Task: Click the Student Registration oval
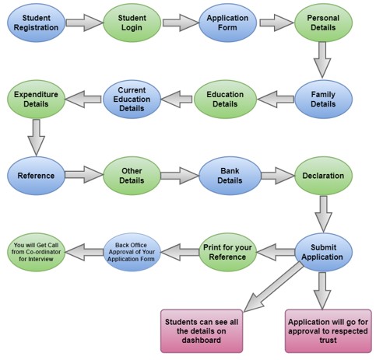36,23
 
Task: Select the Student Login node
132,23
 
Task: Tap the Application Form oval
227,23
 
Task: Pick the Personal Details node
323,23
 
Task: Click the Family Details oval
323,100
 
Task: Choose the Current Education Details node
132,100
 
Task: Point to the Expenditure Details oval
36,100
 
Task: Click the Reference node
36,176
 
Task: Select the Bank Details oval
230,176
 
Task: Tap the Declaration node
323,176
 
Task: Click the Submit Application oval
323,252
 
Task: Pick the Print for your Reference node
227,252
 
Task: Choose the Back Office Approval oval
132,252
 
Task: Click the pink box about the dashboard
202,331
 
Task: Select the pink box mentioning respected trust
329,331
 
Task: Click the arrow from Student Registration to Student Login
84,23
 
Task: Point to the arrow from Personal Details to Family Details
322,60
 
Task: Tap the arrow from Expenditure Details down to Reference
36,138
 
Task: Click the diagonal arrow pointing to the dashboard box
273,287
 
